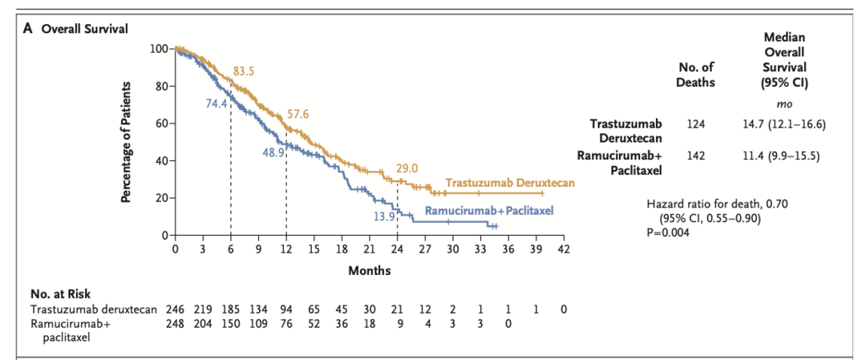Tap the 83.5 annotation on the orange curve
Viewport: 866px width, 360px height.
(x=244, y=71)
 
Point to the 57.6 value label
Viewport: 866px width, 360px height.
(x=298, y=114)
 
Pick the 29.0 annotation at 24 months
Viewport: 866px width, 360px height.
(x=407, y=168)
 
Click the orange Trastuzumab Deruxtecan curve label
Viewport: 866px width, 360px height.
(x=510, y=184)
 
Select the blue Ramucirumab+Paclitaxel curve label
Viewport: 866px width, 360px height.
(x=491, y=211)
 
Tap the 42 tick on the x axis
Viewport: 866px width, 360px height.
(x=564, y=250)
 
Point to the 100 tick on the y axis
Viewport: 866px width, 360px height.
(x=158, y=49)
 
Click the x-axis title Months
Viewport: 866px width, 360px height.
(x=370, y=270)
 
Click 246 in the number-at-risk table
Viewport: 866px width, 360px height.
(x=175, y=309)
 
